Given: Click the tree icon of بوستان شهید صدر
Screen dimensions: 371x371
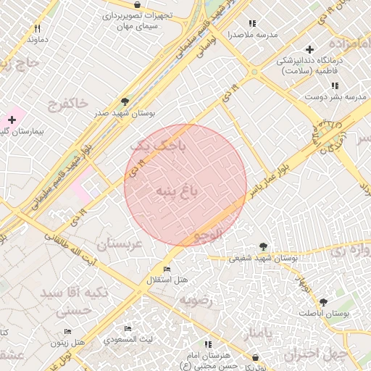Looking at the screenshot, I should [x=125, y=102].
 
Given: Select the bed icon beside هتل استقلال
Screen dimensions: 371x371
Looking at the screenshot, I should [x=167, y=270].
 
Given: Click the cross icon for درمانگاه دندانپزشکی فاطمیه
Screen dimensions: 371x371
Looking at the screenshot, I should [x=309, y=50].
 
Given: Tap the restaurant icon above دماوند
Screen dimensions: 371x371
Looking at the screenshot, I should [x=36, y=29].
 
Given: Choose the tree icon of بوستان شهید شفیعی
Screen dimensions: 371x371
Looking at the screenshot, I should [x=263, y=247].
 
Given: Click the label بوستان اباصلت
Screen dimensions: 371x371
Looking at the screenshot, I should [x=323, y=313].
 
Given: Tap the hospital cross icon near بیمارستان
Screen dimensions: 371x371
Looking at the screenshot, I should [x=12, y=118].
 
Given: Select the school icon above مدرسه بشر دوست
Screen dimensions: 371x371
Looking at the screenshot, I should [x=334, y=86].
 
